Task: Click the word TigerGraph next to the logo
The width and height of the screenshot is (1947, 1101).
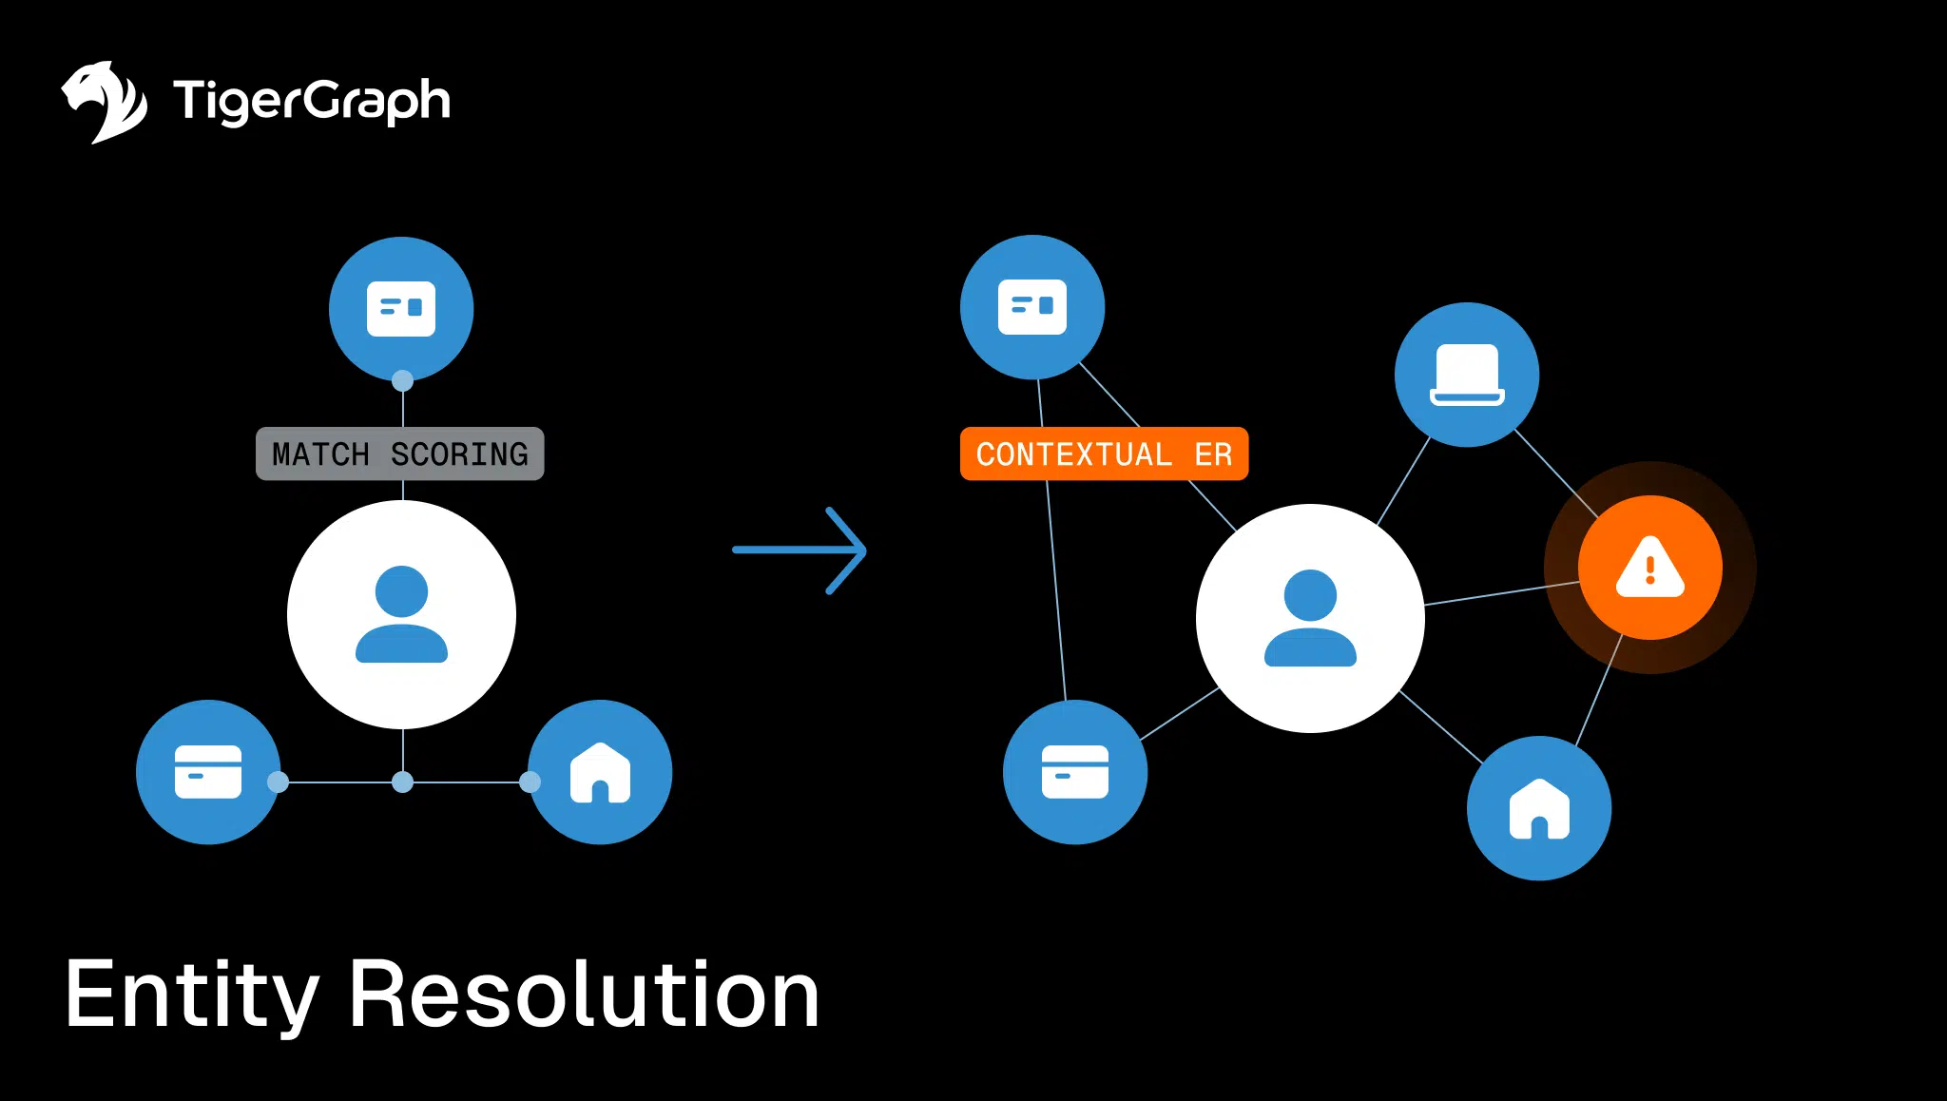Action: (x=311, y=101)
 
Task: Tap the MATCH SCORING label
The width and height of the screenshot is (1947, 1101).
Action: (x=399, y=454)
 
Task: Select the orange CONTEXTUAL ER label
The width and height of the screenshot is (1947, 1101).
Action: (x=1104, y=454)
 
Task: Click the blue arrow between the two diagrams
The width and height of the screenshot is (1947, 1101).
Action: (x=800, y=550)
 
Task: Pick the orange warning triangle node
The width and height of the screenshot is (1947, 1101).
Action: (x=1649, y=568)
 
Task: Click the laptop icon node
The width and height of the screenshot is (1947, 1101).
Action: (x=1467, y=375)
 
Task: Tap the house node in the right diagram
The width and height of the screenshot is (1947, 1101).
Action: (x=1539, y=808)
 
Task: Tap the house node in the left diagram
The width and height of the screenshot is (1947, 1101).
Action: (x=600, y=772)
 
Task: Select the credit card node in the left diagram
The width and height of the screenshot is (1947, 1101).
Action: (x=208, y=772)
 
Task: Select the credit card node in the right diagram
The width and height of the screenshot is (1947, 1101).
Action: (x=1075, y=772)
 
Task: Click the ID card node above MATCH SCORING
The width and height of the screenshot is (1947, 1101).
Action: (x=401, y=308)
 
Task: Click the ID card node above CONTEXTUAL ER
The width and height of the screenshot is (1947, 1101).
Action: (x=1032, y=306)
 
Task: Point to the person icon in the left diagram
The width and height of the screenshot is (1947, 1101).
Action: (x=401, y=614)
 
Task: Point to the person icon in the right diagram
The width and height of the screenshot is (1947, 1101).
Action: (x=1310, y=618)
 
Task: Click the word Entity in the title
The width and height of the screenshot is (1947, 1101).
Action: (x=191, y=995)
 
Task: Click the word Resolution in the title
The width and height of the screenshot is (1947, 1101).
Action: (x=584, y=995)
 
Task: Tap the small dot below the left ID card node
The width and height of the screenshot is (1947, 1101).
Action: (x=403, y=381)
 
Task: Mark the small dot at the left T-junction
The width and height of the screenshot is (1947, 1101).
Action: (x=403, y=782)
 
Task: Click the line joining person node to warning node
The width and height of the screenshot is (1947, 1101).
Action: (x=1502, y=592)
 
